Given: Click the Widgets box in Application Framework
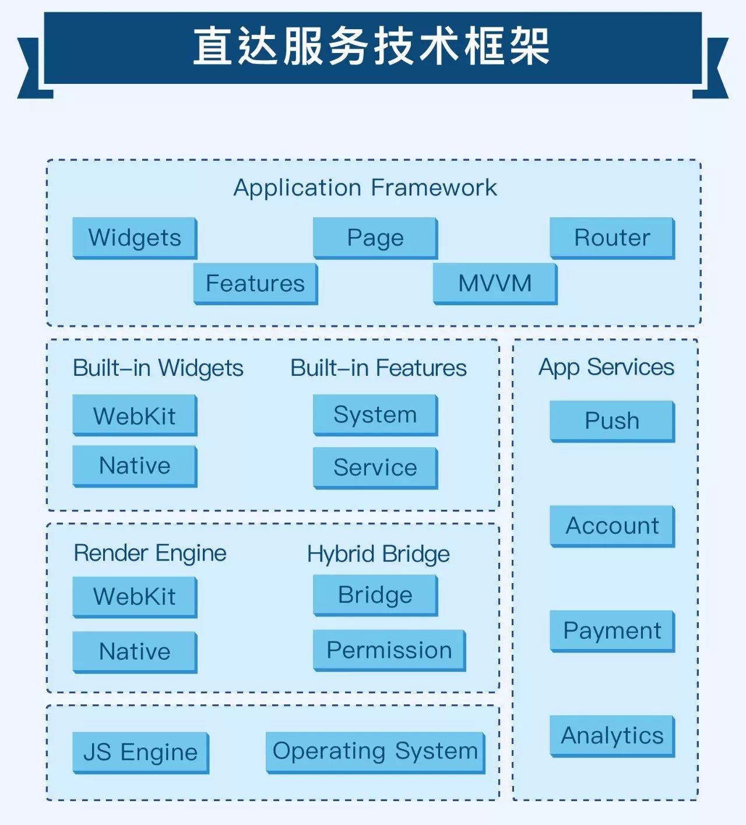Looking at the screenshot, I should [x=135, y=238].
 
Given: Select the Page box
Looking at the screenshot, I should [x=375, y=238].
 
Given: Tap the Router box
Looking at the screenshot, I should [x=612, y=238].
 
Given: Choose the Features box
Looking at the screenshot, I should [x=255, y=283].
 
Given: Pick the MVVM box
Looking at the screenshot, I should [x=495, y=283].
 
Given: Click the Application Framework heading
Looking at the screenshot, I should [x=365, y=188].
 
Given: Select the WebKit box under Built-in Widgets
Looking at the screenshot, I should [x=135, y=415].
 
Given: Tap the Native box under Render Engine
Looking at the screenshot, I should [x=135, y=651].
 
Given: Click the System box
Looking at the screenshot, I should [x=375, y=415].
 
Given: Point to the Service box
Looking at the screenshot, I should [x=375, y=467].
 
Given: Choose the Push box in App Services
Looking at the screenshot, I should [x=612, y=421].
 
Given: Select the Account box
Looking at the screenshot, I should [x=612, y=526].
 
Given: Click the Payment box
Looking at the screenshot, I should [x=612, y=630].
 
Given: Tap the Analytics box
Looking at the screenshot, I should [x=612, y=735].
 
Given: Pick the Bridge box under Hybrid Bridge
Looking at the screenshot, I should [x=375, y=595].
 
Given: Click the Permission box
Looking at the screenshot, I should [x=389, y=650].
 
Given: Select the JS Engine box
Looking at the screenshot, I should [x=140, y=752].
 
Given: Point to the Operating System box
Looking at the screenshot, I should [x=375, y=752].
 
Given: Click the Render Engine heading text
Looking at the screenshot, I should [x=150, y=553].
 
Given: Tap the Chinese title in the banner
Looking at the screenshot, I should [x=372, y=47].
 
